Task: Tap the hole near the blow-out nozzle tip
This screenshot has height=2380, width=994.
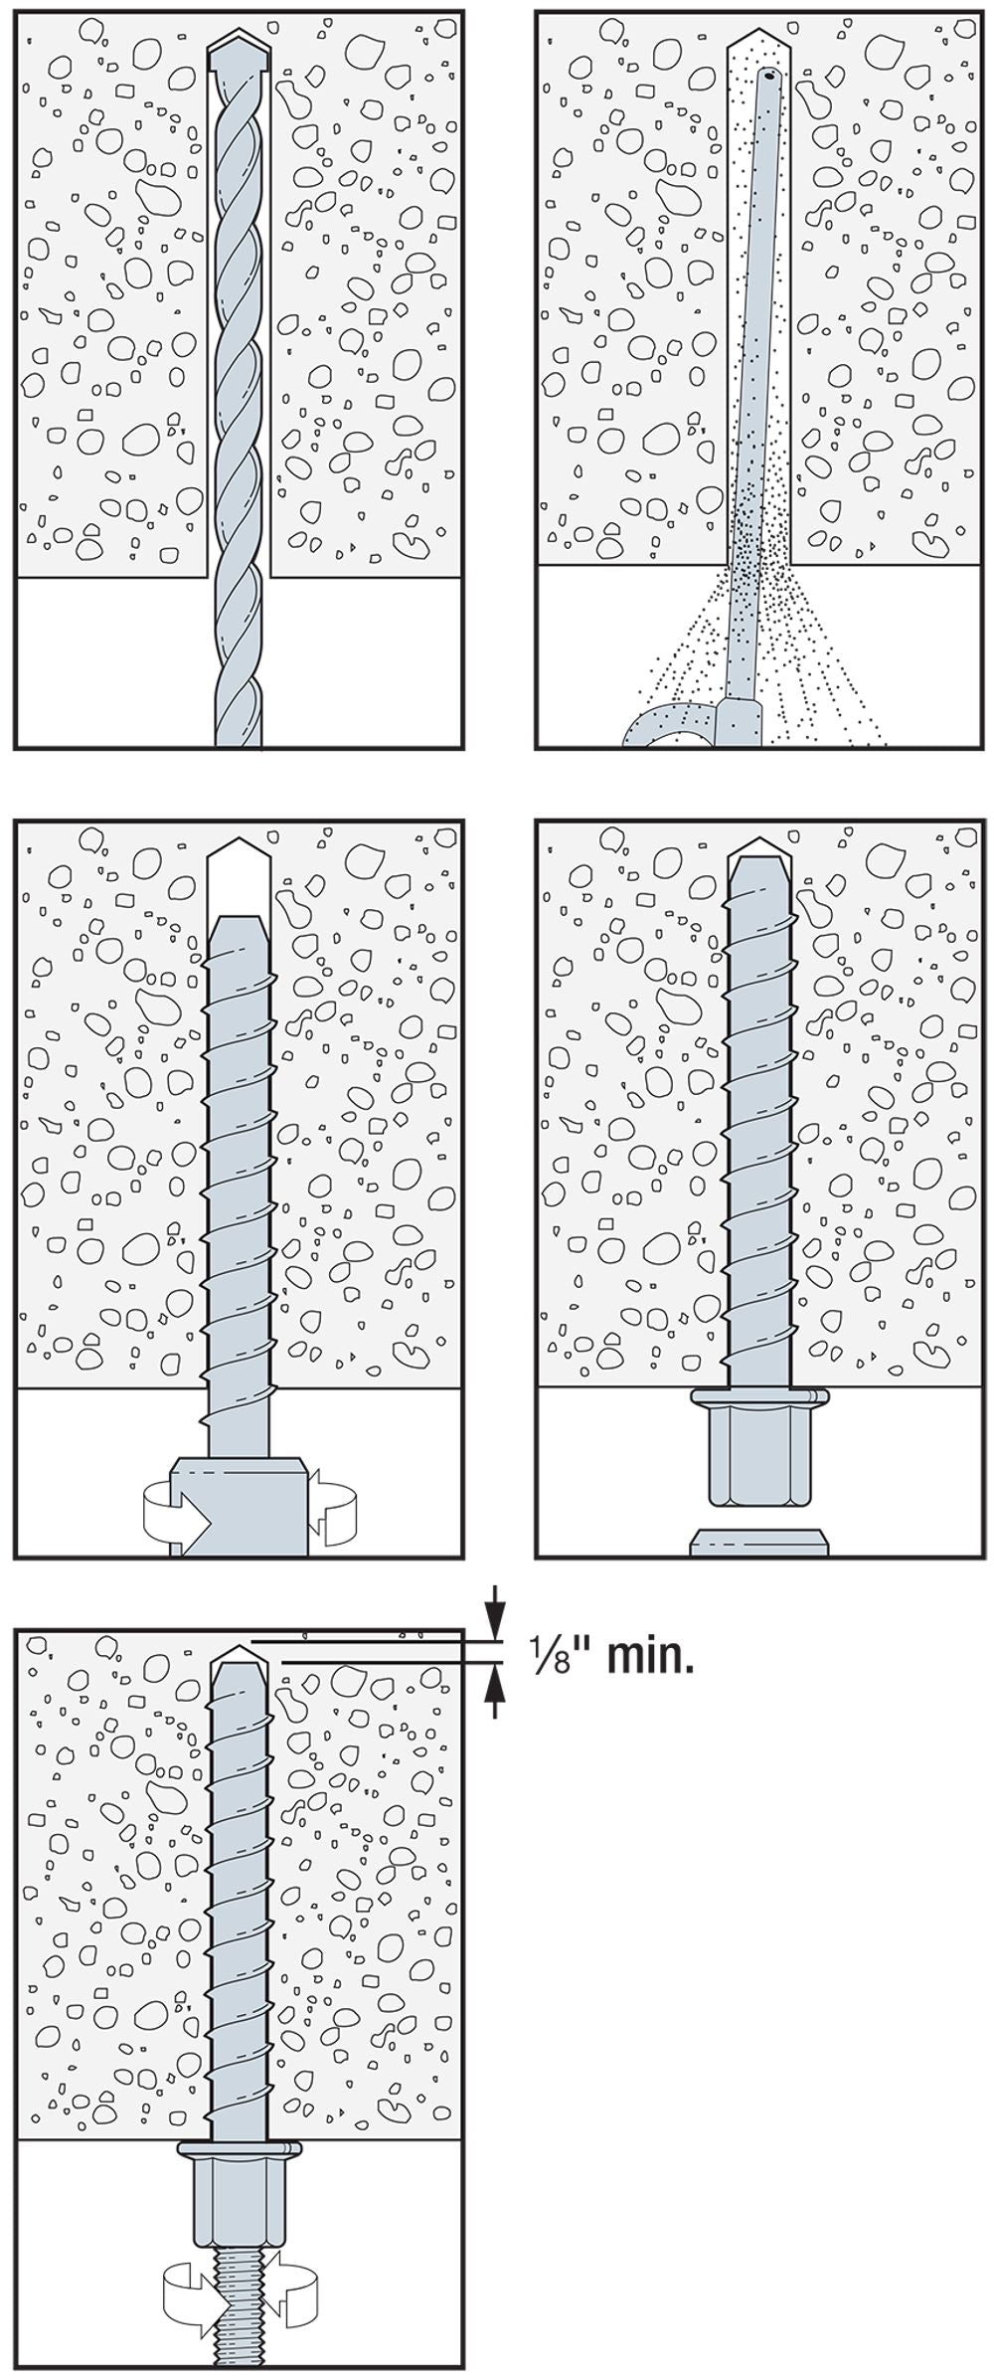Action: pos(769,73)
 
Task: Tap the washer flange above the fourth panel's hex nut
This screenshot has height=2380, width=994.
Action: pos(758,1397)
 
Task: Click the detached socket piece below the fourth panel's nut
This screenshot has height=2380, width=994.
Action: pos(758,1541)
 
